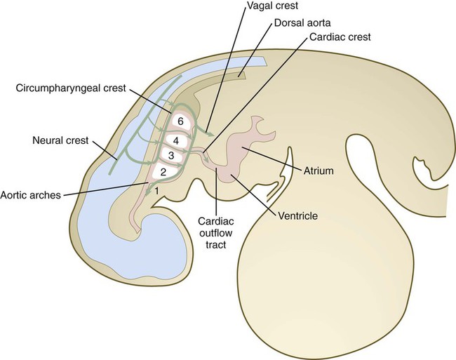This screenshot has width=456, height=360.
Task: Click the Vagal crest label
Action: (x=272, y=6)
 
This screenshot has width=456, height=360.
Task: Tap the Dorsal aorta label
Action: (x=302, y=22)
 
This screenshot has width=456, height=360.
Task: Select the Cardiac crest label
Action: (x=340, y=37)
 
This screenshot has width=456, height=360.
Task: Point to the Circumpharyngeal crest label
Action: (x=71, y=88)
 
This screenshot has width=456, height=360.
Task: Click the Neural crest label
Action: (x=60, y=140)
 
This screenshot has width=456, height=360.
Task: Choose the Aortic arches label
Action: (x=31, y=194)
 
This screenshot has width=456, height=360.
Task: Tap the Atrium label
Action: (x=318, y=171)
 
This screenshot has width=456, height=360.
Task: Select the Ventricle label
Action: (x=298, y=215)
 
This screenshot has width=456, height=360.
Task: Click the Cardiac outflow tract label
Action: (x=216, y=233)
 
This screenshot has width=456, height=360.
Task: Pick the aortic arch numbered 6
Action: (x=180, y=121)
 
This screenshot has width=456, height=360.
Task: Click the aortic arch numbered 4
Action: (x=176, y=141)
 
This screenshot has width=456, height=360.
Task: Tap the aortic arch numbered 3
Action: (x=171, y=156)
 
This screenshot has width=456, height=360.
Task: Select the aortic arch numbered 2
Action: (x=163, y=172)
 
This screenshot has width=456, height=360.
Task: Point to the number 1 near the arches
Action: (x=156, y=191)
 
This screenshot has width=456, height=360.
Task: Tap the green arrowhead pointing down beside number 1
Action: (x=148, y=192)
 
